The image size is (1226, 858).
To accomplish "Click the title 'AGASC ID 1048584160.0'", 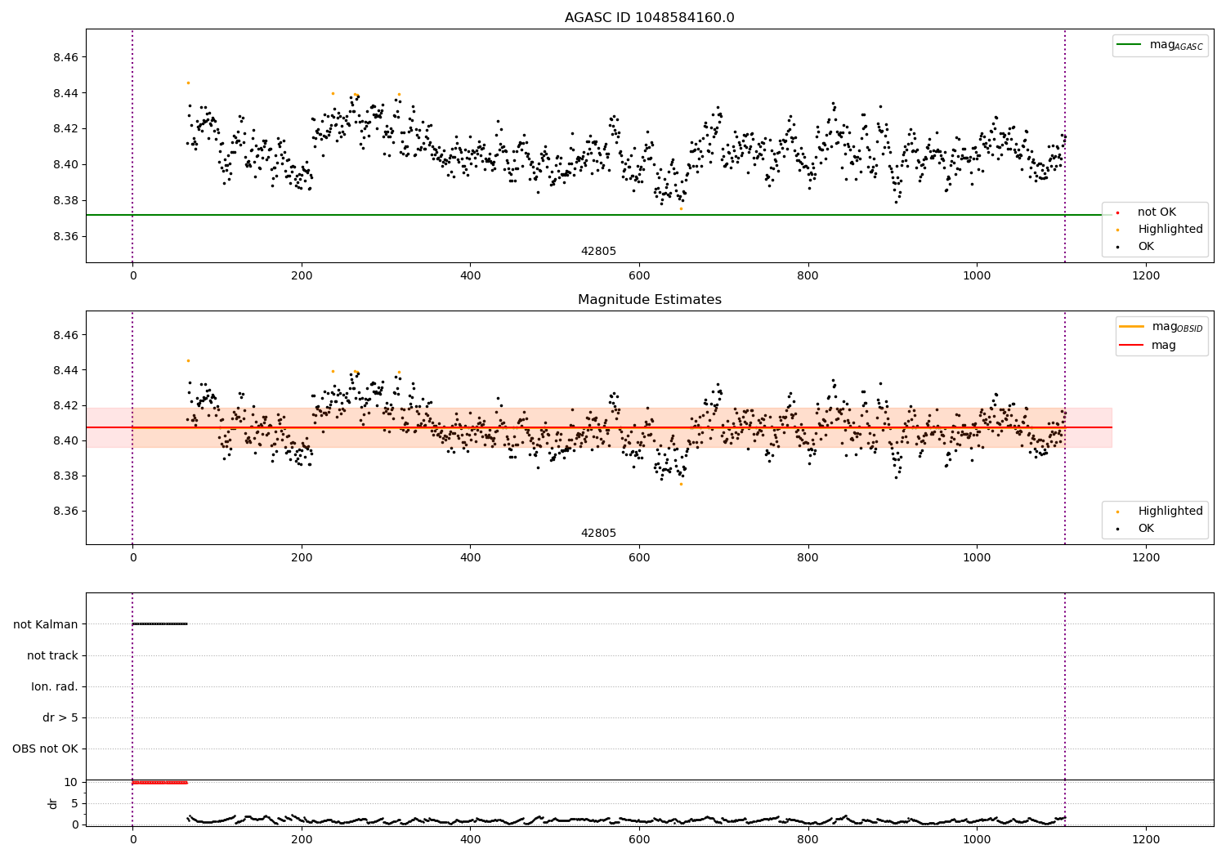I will (x=649, y=18).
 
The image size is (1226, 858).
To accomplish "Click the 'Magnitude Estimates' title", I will (x=649, y=300).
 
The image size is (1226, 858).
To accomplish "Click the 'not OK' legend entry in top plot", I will (x=1156, y=212).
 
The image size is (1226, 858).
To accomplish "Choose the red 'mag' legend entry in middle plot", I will (x=1163, y=345).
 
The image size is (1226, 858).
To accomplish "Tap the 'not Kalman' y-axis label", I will (x=46, y=624).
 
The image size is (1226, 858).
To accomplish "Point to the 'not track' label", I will (x=52, y=655).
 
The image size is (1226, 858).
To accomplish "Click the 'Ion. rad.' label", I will (x=55, y=686).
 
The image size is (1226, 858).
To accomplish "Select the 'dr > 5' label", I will (x=60, y=717).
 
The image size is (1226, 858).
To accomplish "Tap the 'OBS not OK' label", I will (x=45, y=749).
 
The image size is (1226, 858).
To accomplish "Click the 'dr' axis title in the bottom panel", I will (x=53, y=803).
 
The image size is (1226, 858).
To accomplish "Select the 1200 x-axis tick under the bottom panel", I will (x=1146, y=839).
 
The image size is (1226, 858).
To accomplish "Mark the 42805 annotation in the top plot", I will (x=598, y=252).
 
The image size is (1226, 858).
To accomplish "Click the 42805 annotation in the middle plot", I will (x=598, y=534).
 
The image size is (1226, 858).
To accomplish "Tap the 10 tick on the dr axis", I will (x=71, y=782).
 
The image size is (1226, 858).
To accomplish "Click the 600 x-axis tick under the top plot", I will (x=639, y=276).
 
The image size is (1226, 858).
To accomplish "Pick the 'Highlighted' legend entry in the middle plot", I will (x=1170, y=512).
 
